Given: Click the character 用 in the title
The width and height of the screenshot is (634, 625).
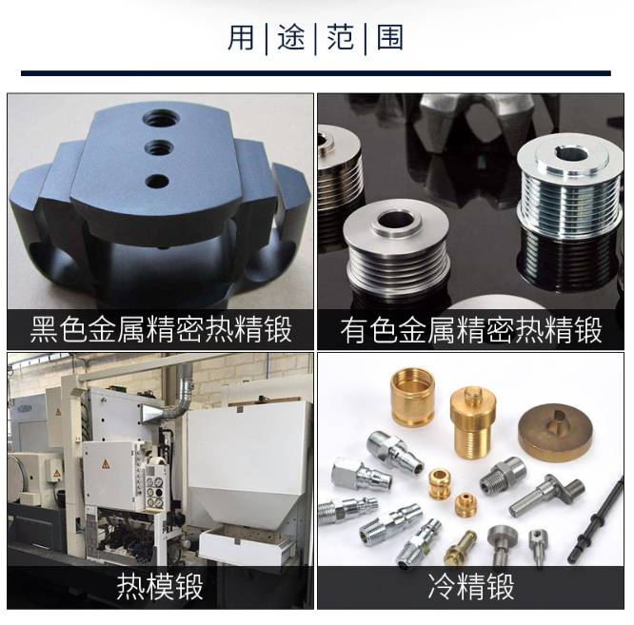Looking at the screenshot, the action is pyautogui.click(x=241, y=37).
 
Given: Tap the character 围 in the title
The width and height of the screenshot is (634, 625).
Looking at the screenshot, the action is pyautogui.click(x=389, y=37).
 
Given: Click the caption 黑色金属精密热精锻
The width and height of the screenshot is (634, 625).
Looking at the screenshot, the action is pyautogui.click(x=161, y=330).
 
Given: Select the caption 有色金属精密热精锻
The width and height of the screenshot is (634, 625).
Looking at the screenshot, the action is pyautogui.click(x=471, y=330).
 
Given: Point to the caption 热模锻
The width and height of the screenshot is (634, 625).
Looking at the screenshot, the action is pyautogui.click(x=160, y=587).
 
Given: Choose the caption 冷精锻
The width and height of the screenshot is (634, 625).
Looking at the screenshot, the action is pyautogui.click(x=471, y=587).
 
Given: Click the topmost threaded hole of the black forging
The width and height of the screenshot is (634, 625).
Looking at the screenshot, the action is pyautogui.click(x=161, y=119).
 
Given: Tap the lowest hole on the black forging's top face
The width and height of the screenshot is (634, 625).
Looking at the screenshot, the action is pyautogui.click(x=157, y=182).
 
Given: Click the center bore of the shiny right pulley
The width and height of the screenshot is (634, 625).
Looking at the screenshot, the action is pyautogui.click(x=570, y=155).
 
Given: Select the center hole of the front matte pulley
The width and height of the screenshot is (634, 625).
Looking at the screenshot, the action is pyautogui.click(x=396, y=221).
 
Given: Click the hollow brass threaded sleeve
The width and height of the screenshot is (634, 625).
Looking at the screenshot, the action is pyautogui.click(x=413, y=398).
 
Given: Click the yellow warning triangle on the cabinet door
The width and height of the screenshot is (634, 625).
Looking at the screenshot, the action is pyautogui.click(x=106, y=464).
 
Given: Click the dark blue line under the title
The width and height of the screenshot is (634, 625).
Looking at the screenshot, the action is pyautogui.click(x=316, y=73).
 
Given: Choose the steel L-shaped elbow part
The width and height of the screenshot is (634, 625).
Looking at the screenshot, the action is pyautogui.click(x=545, y=495).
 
